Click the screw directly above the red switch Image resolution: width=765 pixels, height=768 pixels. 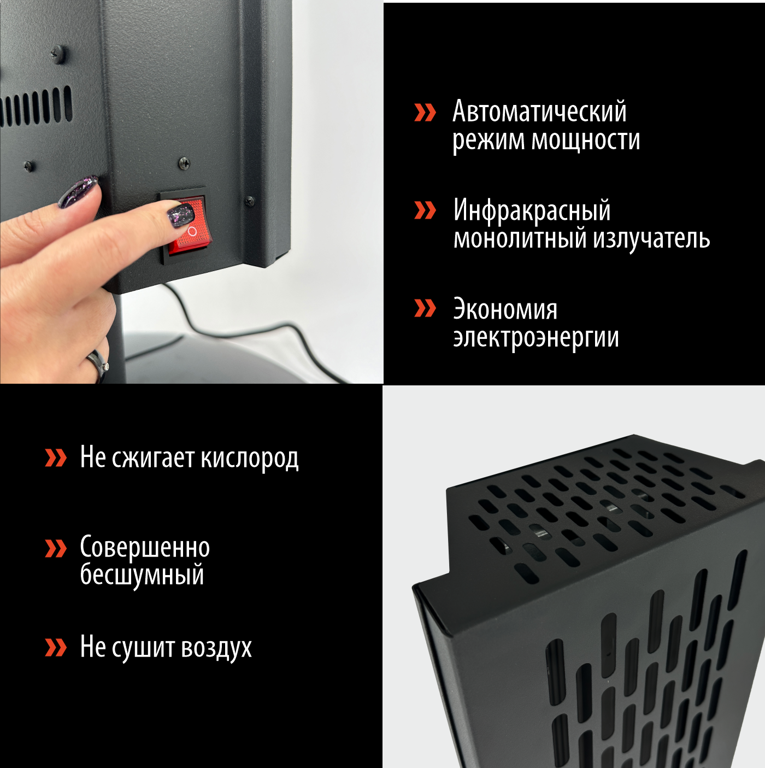(x=184, y=162)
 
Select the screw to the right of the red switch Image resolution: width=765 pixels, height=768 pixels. (x=249, y=201)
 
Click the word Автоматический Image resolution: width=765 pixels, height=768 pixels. (x=539, y=112)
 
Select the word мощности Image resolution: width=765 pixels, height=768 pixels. (x=586, y=140)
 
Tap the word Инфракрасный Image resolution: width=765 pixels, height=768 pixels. (x=532, y=211)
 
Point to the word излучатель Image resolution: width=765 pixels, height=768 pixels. (x=651, y=239)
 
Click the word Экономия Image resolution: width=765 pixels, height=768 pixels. (x=505, y=310)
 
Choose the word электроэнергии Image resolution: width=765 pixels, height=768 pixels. (x=535, y=338)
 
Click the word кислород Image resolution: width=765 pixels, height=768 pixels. (x=249, y=458)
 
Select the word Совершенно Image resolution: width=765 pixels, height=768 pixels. (x=145, y=548)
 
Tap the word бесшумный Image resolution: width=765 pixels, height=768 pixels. (x=142, y=575)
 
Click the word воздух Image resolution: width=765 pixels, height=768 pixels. (x=216, y=648)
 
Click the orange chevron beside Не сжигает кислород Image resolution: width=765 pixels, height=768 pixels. (x=56, y=458)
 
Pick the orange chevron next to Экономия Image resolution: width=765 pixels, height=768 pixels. (x=425, y=308)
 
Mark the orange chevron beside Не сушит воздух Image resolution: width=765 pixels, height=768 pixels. (x=56, y=647)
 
